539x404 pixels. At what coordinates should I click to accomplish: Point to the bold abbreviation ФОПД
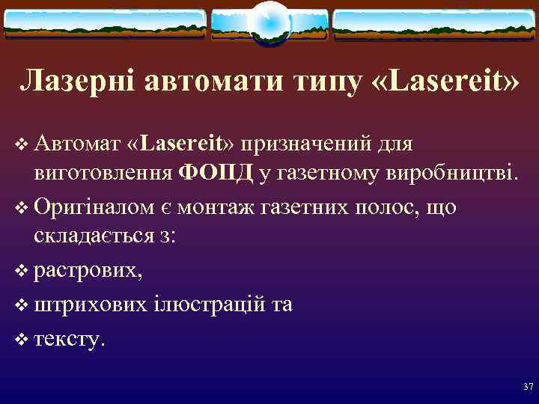tap(217, 174)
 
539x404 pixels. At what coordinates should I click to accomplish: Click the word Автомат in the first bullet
tap(76, 142)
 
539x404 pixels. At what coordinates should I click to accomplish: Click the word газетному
tap(329, 174)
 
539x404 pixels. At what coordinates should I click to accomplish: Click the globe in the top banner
tap(269, 22)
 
